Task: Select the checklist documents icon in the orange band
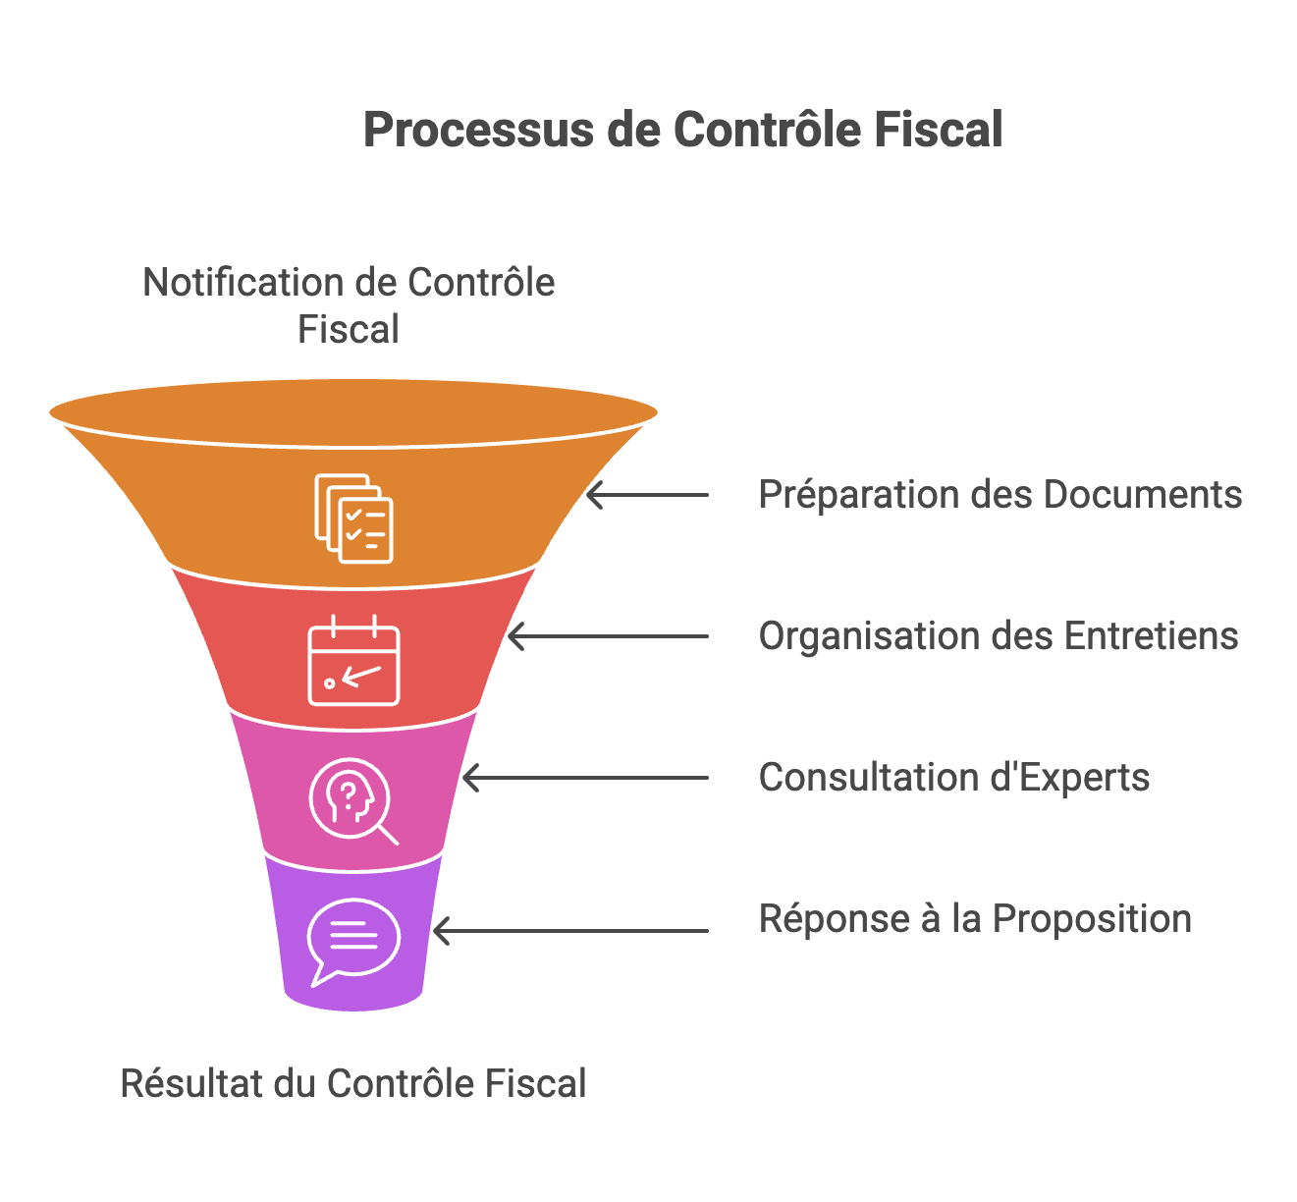tap(353, 519)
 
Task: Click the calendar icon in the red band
tap(353, 661)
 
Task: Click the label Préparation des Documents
tap(1000, 495)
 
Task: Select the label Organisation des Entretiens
tap(998, 636)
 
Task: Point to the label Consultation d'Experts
tap(953, 778)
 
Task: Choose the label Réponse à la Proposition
tap(975, 919)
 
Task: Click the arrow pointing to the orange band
tap(648, 495)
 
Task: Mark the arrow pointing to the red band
tap(609, 636)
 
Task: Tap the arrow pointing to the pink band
tap(586, 778)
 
